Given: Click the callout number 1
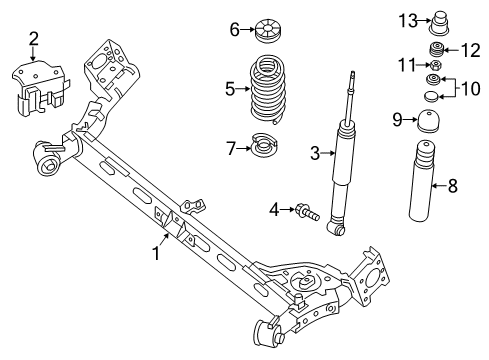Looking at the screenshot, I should click(156, 254).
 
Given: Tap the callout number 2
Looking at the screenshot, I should click(34, 39).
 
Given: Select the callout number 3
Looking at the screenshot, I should click(314, 153).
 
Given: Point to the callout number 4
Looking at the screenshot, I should click(274, 209).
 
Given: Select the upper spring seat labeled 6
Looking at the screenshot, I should click(266, 29).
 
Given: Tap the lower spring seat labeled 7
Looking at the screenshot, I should click(263, 148).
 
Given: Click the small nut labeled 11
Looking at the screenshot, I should click(436, 66).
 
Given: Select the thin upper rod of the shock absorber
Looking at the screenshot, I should click(351, 95).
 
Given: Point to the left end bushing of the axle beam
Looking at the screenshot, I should click(49, 158).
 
